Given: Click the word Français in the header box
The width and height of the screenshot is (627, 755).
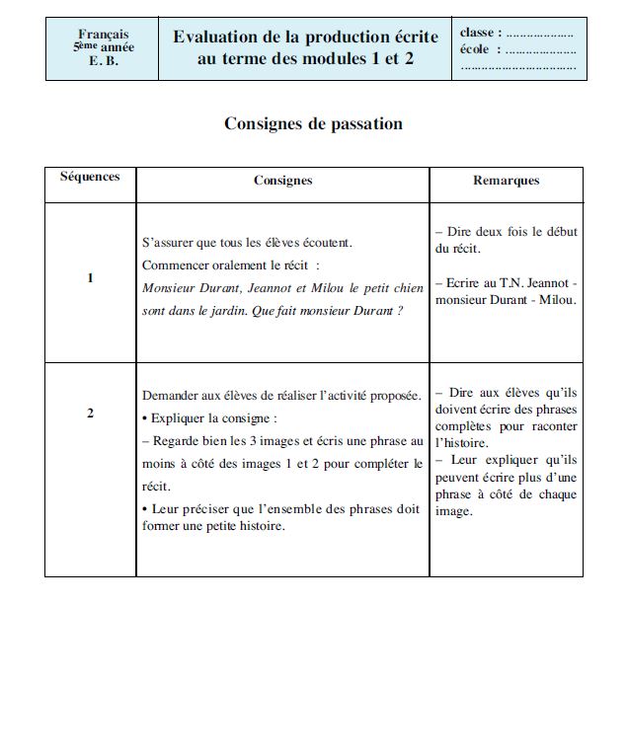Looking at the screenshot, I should (103, 35).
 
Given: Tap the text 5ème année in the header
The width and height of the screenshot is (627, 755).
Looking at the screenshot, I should (103, 47).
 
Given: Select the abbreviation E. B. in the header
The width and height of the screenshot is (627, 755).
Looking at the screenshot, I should (103, 61).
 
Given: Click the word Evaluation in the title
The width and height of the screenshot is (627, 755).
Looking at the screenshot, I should (214, 38).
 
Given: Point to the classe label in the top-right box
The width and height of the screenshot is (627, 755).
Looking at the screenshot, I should (480, 34).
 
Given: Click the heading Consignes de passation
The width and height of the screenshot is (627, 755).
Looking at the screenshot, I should (313, 124).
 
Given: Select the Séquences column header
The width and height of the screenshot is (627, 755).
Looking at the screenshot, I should (90, 177).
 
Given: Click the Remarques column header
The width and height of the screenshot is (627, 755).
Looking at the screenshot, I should (506, 181).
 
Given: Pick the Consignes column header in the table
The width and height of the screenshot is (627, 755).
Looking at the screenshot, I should (282, 181).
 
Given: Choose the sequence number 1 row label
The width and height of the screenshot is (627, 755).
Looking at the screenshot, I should (90, 278).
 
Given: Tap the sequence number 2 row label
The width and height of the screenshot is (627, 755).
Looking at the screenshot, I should (90, 413).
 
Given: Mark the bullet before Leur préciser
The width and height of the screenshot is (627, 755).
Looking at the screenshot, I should (146, 509).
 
